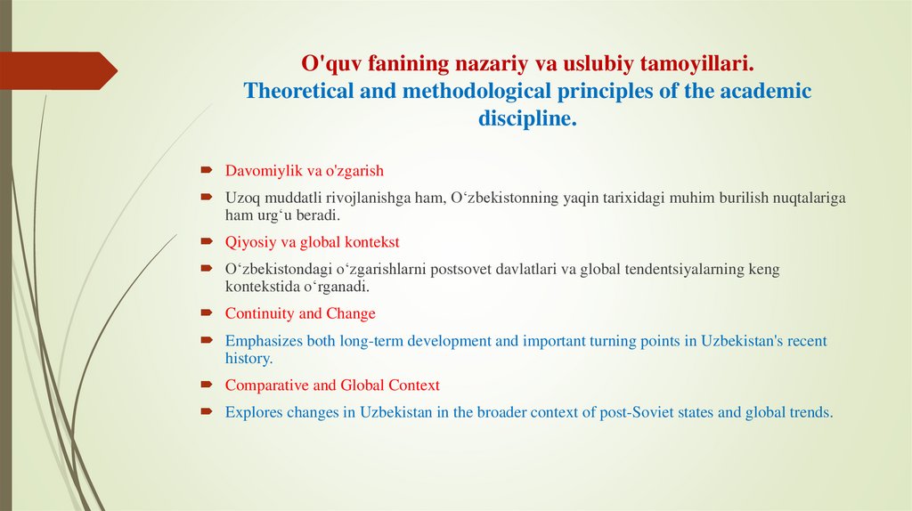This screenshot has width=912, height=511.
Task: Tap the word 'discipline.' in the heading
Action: click(x=527, y=119)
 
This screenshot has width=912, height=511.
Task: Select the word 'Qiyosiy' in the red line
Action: click(x=249, y=241)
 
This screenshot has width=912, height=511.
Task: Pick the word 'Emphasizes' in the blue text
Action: click(x=265, y=341)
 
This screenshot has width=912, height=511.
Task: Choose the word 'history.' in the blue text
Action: click(x=248, y=359)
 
